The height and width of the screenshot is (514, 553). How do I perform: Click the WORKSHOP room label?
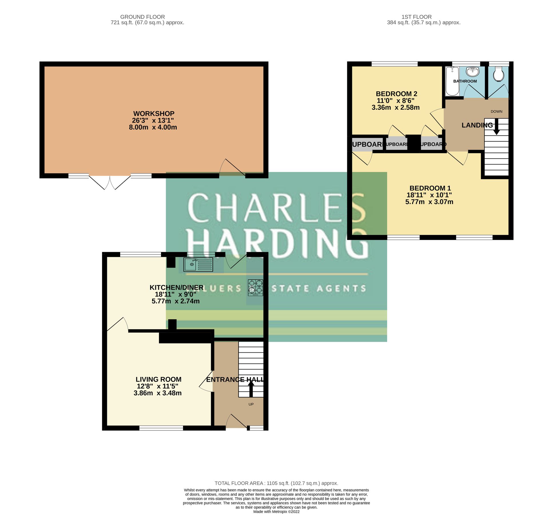(154, 114)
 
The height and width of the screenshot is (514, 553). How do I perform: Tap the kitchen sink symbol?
(198, 264)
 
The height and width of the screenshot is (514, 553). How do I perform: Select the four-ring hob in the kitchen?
(255, 287)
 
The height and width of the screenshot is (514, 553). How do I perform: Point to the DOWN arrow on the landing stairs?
(496, 127)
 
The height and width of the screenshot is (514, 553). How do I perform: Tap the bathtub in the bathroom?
(452, 81)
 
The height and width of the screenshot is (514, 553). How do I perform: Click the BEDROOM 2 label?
(396, 94)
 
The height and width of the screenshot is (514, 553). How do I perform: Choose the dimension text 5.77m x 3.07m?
(429, 202)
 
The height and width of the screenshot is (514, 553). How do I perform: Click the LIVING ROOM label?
(158, 379)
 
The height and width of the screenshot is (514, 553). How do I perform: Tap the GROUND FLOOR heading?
(142, 17)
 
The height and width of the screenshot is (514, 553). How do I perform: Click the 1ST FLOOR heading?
(416, 17)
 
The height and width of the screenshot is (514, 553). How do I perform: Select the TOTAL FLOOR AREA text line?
(276, 483)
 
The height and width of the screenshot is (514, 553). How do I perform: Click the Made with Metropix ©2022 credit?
(276, 511)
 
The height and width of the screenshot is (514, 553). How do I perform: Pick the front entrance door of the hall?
(236, 421)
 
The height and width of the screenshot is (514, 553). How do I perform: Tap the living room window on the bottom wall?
(161, 428)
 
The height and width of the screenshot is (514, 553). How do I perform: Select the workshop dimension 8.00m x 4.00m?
(153, 127)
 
